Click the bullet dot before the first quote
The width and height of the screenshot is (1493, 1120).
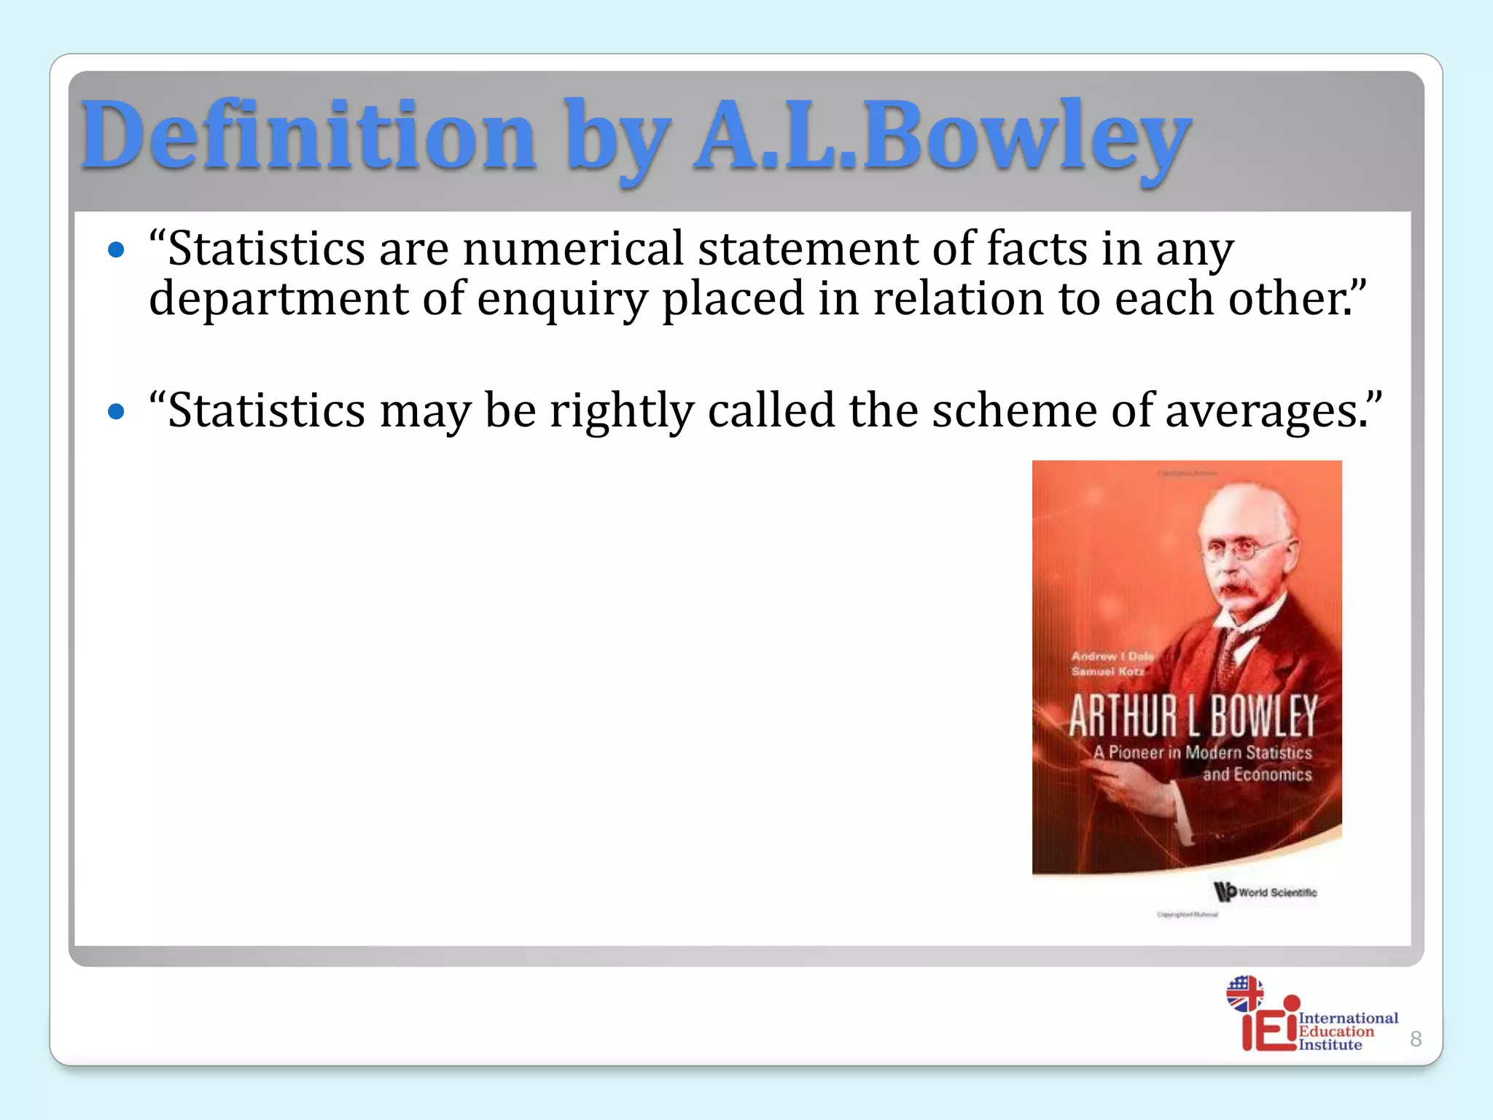116,251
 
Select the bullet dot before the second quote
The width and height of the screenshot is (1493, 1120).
116,412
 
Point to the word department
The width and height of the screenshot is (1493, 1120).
278,299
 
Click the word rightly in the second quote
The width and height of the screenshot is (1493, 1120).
621,411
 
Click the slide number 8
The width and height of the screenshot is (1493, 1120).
1416,1039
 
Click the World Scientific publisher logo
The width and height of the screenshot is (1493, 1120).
1266,892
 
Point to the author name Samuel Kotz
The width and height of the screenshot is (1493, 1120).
1107,672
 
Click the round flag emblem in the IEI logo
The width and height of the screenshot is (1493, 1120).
1244,993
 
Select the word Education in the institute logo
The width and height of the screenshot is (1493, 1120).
1336,1031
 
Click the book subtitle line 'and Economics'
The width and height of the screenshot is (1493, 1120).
1257,774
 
